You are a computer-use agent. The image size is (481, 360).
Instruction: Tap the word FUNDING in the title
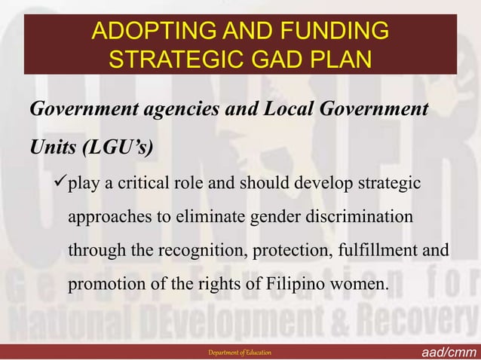(x=329, y=32)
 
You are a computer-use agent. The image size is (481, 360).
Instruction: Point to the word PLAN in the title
(x=337, y=59)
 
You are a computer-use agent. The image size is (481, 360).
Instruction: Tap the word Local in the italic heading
(x=291, y=110)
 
